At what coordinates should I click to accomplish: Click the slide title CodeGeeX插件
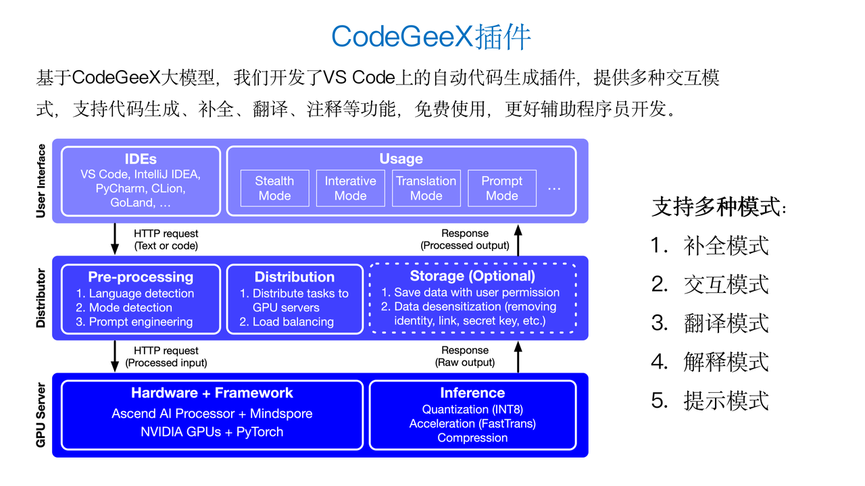coord(431,37)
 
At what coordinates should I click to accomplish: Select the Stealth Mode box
coord(274,188)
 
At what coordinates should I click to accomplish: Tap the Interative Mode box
coord(350,188)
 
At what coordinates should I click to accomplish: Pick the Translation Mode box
coord(426,188)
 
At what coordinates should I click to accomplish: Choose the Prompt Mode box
coord(501,188)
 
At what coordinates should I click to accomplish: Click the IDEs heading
coord(141,159)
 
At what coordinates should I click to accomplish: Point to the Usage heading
coord(401,159)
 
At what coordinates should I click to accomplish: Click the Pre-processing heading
coord(141,277)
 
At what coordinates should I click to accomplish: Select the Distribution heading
coord(294,277)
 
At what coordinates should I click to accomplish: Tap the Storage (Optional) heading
coord(472,276)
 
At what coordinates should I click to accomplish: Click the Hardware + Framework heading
coord(212,393)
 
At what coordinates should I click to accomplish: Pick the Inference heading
coord(472,393)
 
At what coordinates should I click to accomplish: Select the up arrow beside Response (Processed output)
coord(518,239)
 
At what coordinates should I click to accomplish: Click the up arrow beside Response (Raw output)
coord(518,356)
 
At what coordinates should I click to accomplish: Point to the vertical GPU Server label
coord(41,415)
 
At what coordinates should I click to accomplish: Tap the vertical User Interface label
coord(41,181)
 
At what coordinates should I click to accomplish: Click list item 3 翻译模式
coord(710,323)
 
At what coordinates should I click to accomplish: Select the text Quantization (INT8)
coord(472,410)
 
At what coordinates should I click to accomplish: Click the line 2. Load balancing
coord(287,322)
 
